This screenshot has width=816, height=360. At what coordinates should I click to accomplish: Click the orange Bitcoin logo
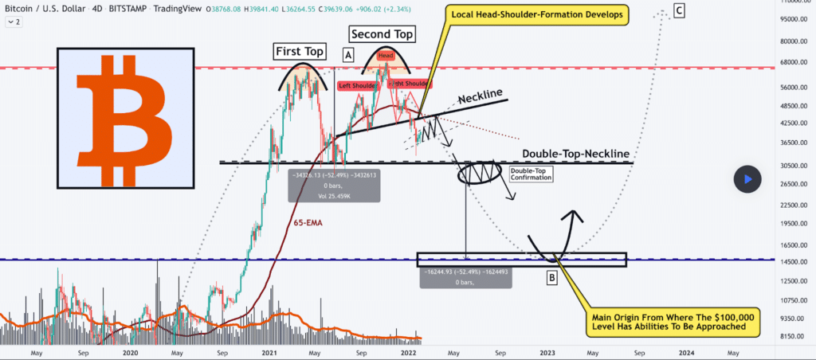pos(126,118)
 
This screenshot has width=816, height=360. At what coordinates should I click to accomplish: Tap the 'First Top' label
pos(299,52)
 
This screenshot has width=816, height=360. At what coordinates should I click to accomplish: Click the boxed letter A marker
pos(348,55)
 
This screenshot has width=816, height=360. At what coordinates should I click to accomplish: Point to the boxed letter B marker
pos(551,278)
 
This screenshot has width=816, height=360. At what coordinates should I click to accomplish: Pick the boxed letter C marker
pos(678,10)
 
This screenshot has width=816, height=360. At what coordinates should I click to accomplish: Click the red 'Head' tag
pos(386,55)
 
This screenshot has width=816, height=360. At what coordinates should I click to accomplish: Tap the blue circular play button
pos(747,179)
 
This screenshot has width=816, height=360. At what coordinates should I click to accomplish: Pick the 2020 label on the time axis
pos(131,351)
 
